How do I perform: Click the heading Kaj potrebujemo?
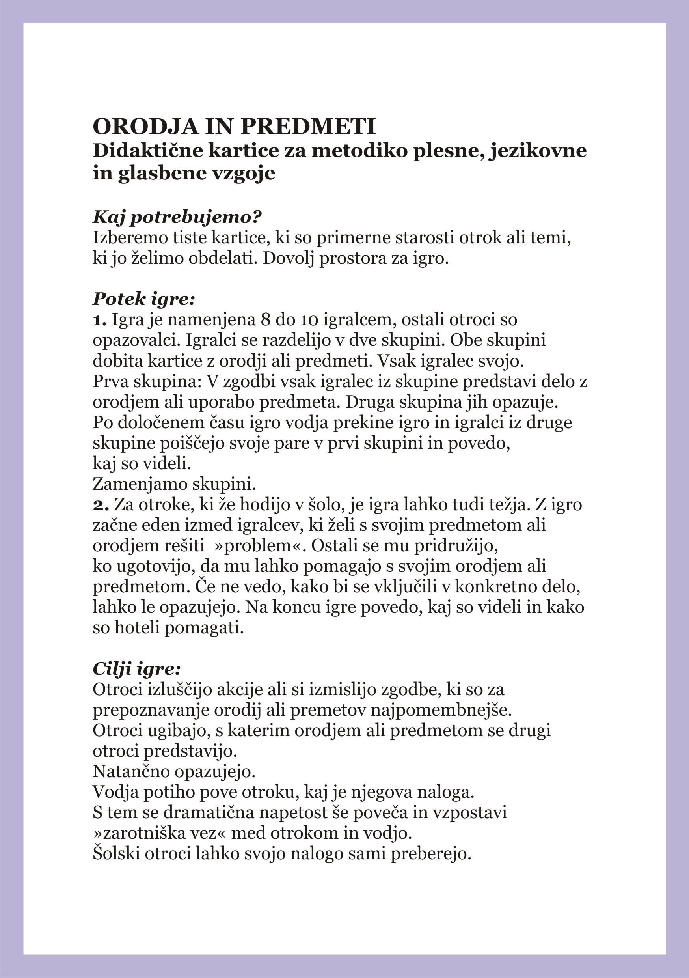(x=177, y=217)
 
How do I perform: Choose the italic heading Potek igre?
(x=143, y=299)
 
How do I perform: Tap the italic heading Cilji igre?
(x=137, y=669)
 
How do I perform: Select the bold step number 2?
(x=101, y=505)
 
